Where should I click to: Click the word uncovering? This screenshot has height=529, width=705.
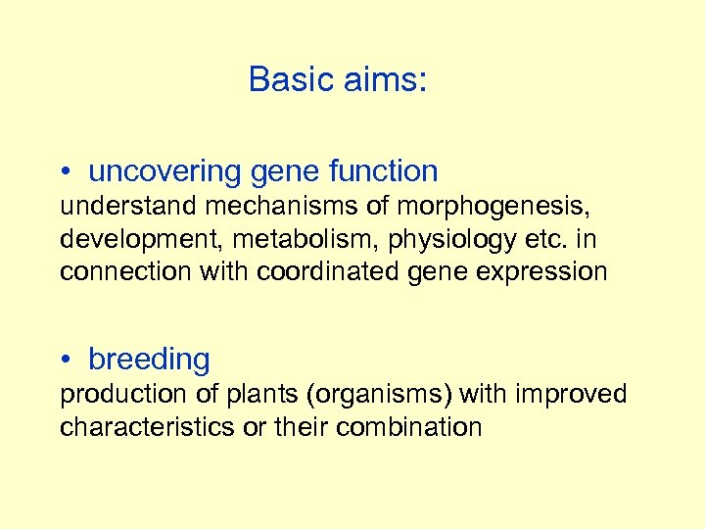pyautogui.click(x=165, y=171)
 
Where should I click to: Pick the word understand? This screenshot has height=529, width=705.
pyautogui.click(x=116, y=206)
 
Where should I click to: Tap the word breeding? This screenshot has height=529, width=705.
pyautogui.click(x=149, y=361)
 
